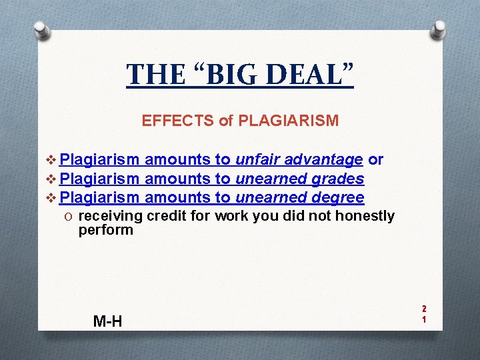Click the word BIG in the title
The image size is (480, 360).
click(x=231, y=74)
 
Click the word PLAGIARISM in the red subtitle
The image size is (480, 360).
click(x=288, y=121)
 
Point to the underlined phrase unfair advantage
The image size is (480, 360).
click(x=299, y=160)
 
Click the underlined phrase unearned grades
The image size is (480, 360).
click(x=299, y=179)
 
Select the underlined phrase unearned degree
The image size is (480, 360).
click(x=299, y=197)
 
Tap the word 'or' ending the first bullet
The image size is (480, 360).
click(x=376, y=160)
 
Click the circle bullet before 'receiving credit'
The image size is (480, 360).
click(x=70, y=216)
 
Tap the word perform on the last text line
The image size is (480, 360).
click(x=106, y=230)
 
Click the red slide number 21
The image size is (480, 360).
click(x=423, y=313)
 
